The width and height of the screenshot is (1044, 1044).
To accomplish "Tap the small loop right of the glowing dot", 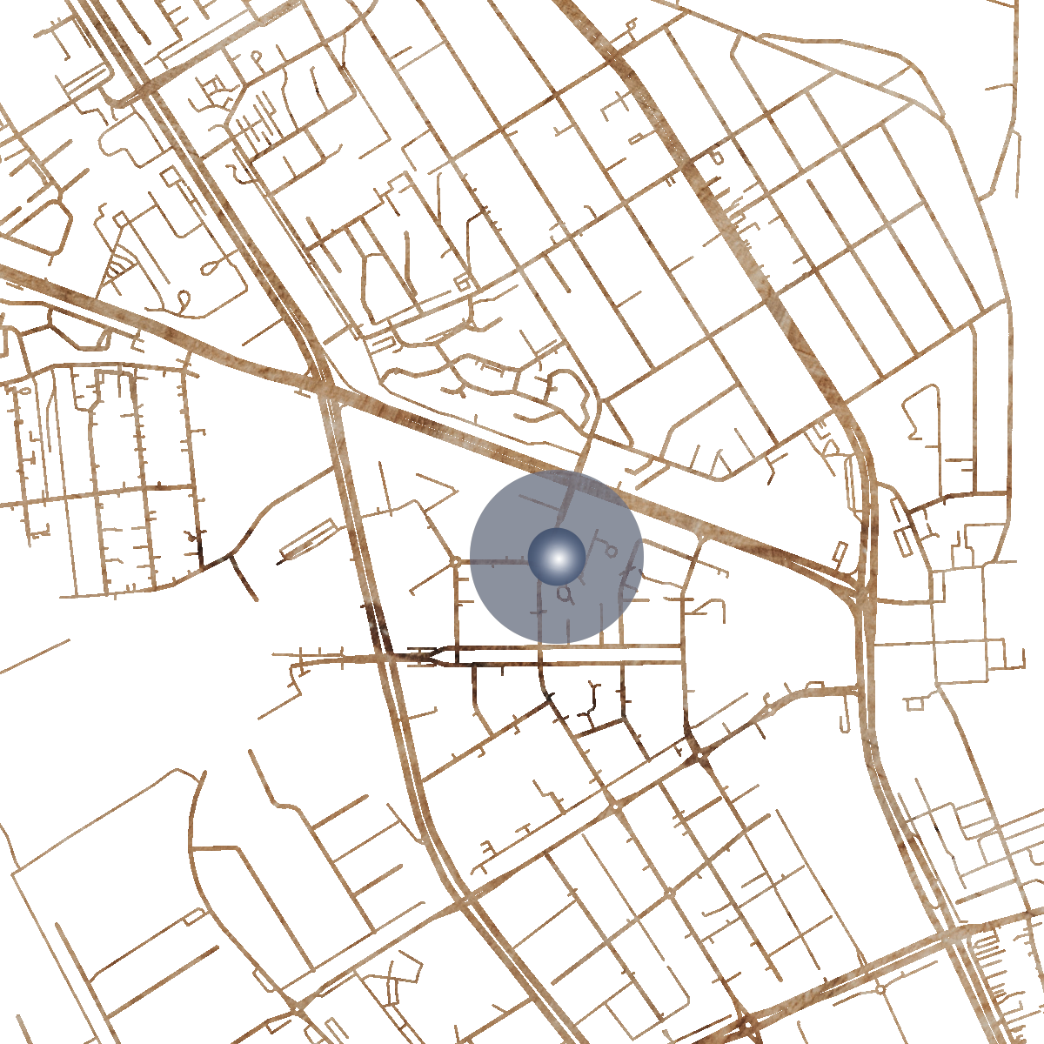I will (612, 552).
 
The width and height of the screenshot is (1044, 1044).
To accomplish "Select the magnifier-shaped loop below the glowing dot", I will (565, 594).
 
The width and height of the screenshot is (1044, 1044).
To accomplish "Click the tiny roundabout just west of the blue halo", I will (456, 562).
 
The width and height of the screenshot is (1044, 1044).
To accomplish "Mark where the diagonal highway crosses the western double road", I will (327, 391).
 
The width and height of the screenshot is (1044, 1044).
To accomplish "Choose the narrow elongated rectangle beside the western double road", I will (309, 539).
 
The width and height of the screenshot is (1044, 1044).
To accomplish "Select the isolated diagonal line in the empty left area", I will (35, 657).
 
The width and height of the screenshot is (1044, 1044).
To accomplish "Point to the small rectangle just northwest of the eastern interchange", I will (840, 552).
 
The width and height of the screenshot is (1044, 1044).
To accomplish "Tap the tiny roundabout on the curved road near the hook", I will (769, 710).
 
